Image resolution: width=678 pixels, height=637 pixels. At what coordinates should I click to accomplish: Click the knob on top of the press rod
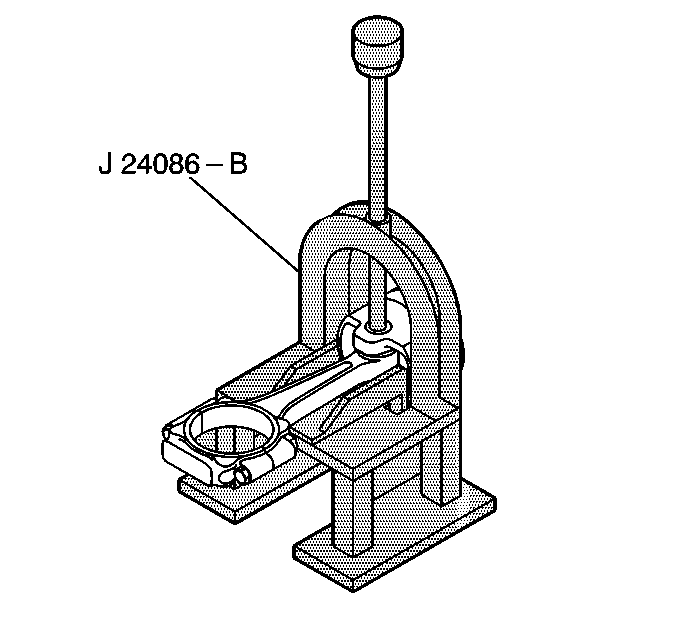tap(380, 46)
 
